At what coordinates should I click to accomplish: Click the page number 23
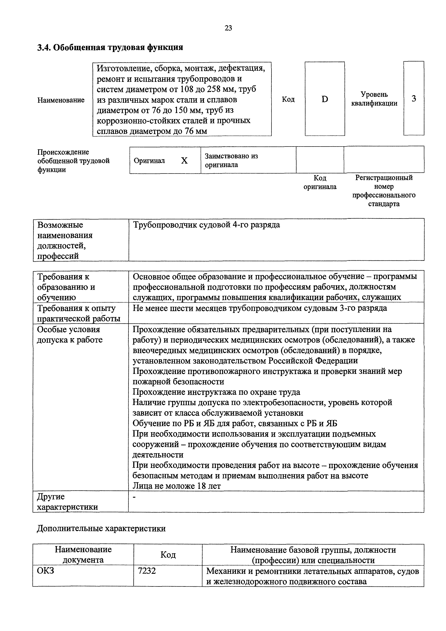click(x=228, y=28)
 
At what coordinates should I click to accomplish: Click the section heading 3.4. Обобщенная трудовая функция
click(x=110, y=48)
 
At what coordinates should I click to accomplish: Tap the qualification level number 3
click(x=414, y=98)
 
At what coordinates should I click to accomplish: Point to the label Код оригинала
click(x=320, y=182)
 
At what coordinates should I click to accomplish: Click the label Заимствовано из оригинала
click(x=231, y=160)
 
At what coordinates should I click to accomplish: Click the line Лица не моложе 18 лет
click(x=177, y=486)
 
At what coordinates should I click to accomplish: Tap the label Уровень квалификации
click(x=374, y=99)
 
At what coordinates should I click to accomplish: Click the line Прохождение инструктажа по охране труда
click(x=216, y=392)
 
